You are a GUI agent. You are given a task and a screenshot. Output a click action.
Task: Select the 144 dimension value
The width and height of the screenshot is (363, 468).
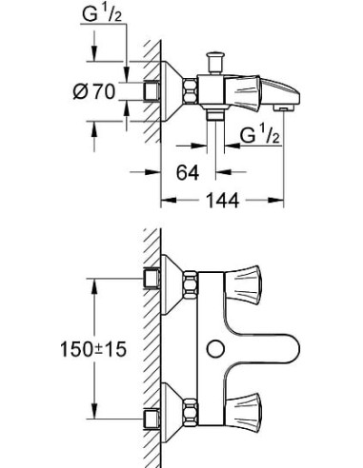pos(222,201)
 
